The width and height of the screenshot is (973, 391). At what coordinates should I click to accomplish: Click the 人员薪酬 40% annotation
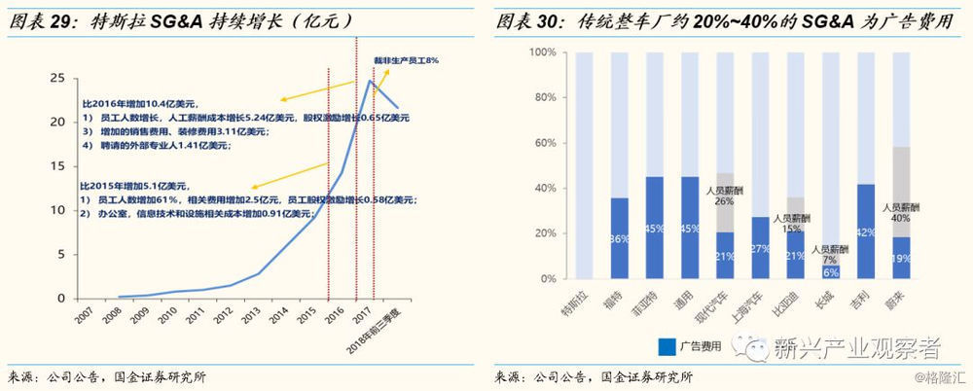[900, 213]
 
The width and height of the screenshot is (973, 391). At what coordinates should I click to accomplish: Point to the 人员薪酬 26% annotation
[725, 196]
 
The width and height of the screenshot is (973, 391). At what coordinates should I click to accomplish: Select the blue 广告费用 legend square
[667, 345]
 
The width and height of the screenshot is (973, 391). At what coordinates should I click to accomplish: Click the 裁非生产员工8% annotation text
[407, 60]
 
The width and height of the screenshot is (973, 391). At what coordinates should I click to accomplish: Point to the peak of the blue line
[369, 81]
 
